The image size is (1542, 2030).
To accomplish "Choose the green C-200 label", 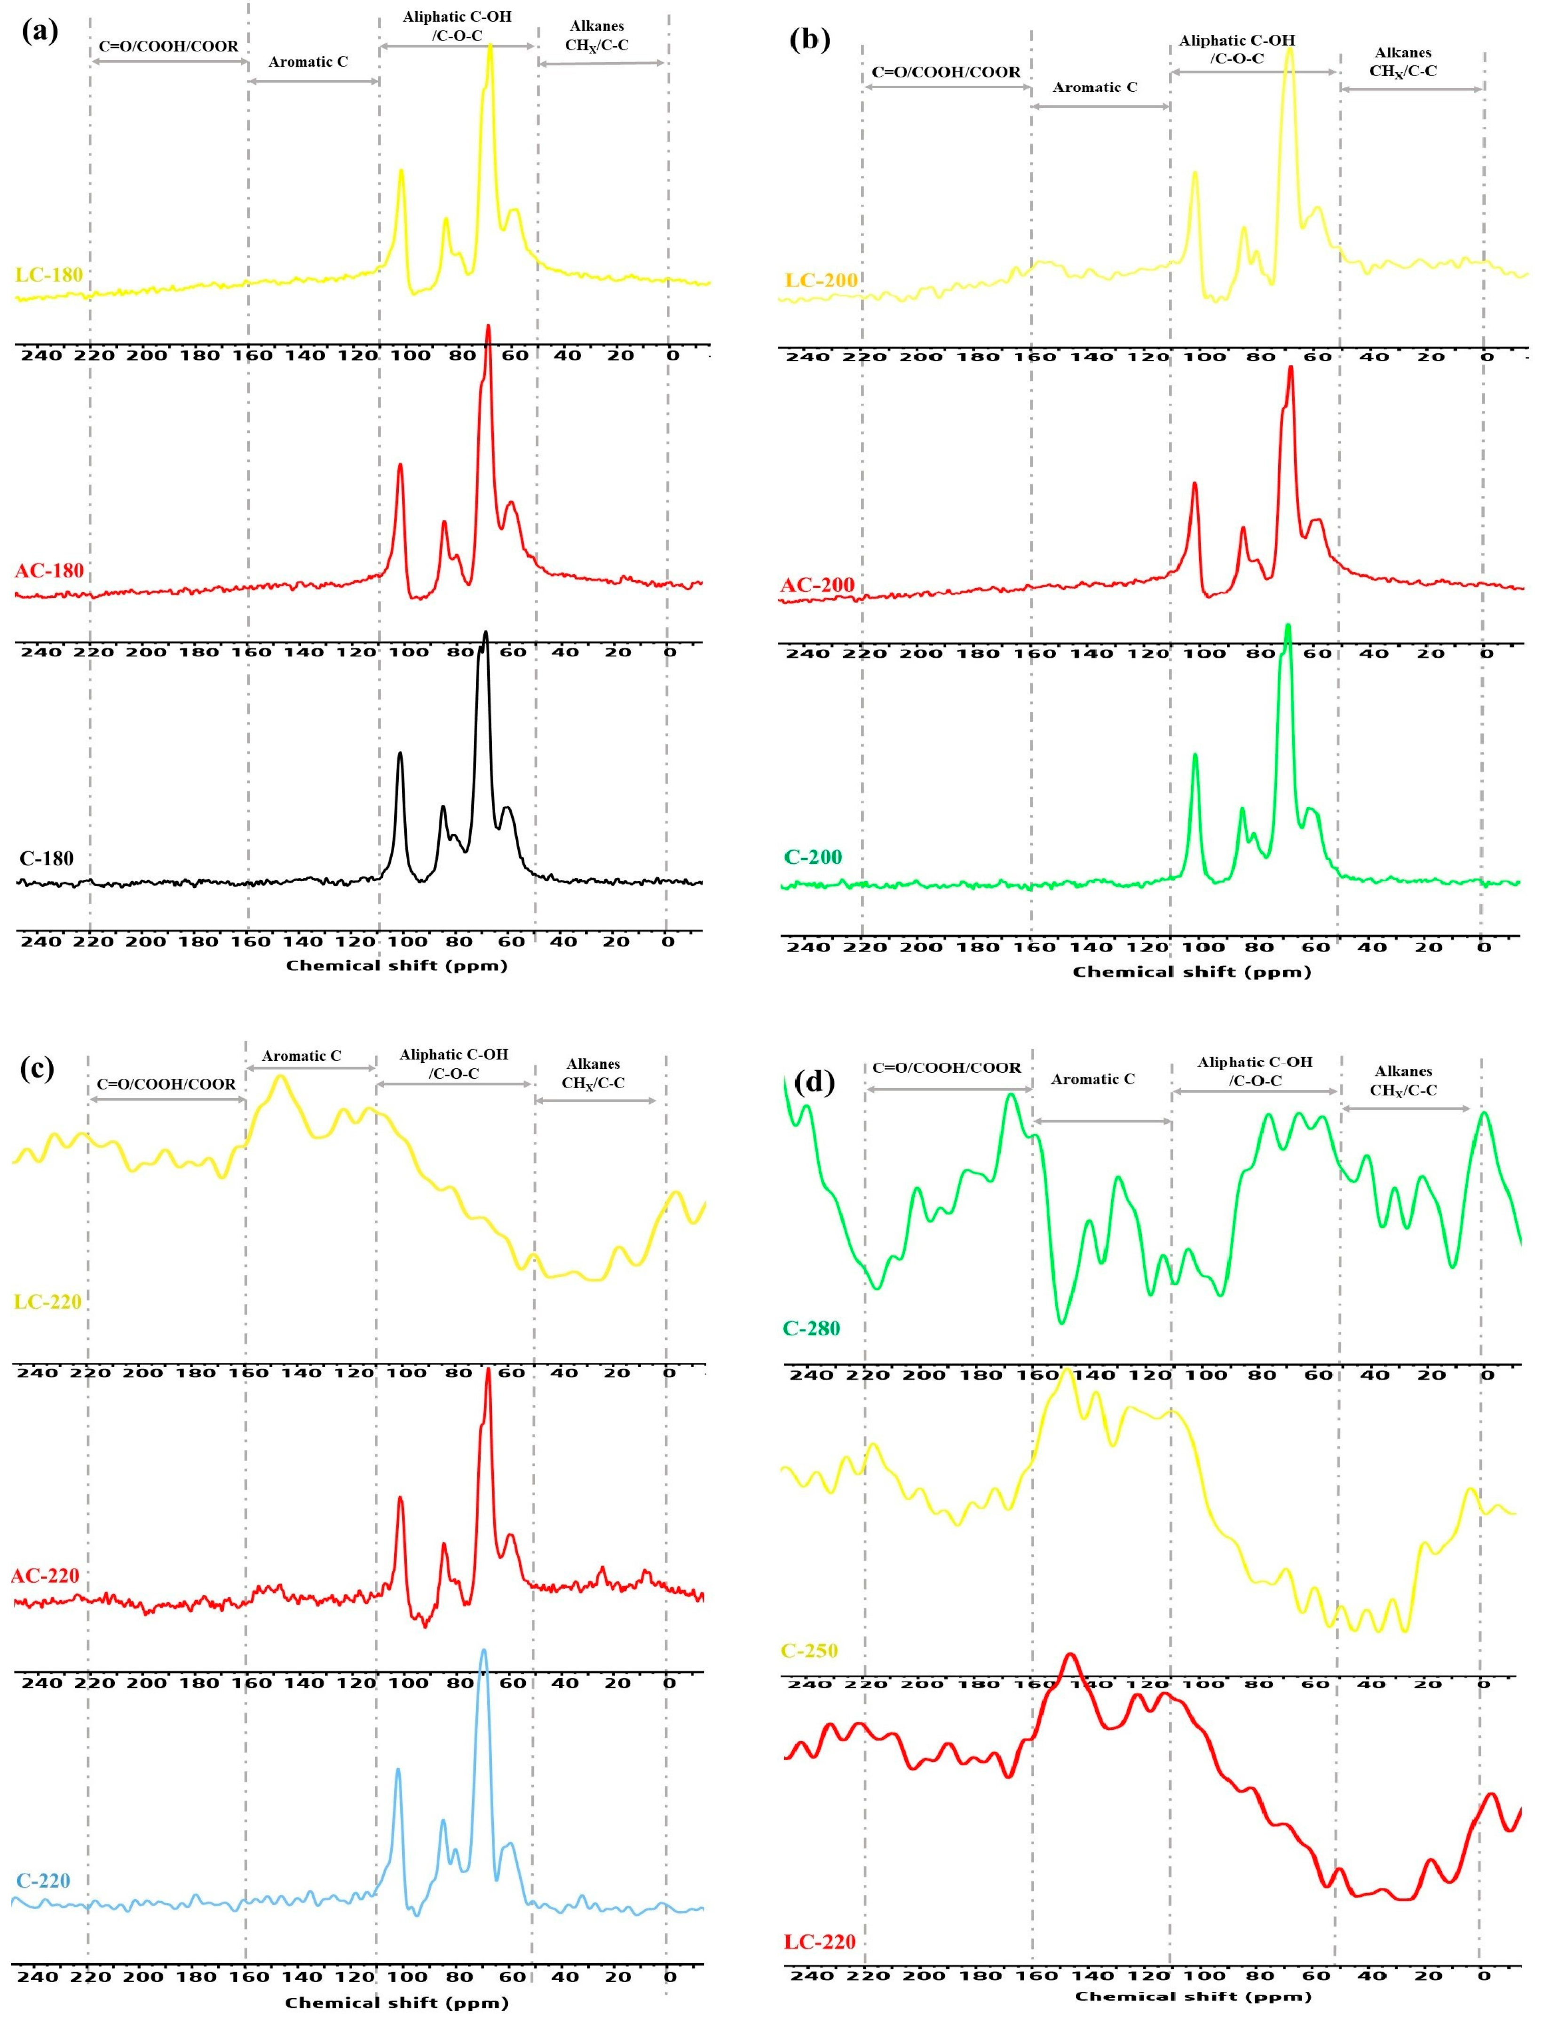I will coord(812,857).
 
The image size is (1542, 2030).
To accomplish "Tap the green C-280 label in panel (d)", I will coord(811,1328).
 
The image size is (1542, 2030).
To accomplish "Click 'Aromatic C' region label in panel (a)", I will coord(308,63).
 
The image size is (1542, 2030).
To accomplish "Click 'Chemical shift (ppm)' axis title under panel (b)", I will coord(1191,971).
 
